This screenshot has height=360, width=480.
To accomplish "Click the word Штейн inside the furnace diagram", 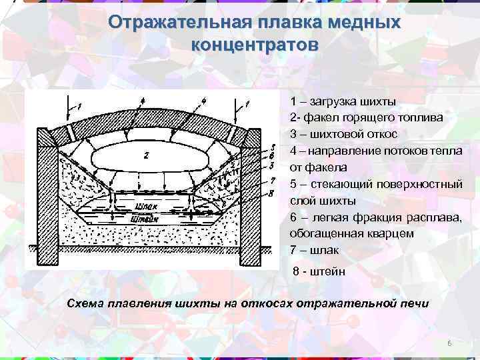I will pos(144,217).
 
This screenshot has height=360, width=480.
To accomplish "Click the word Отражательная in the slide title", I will pos(178,23).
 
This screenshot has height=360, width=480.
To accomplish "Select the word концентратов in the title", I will pos(255,45).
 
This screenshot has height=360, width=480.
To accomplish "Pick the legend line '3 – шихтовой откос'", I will pos(344,134).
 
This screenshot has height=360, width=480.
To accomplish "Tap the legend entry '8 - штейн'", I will pos(318,271).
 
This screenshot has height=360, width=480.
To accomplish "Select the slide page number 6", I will pos(449,343).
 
